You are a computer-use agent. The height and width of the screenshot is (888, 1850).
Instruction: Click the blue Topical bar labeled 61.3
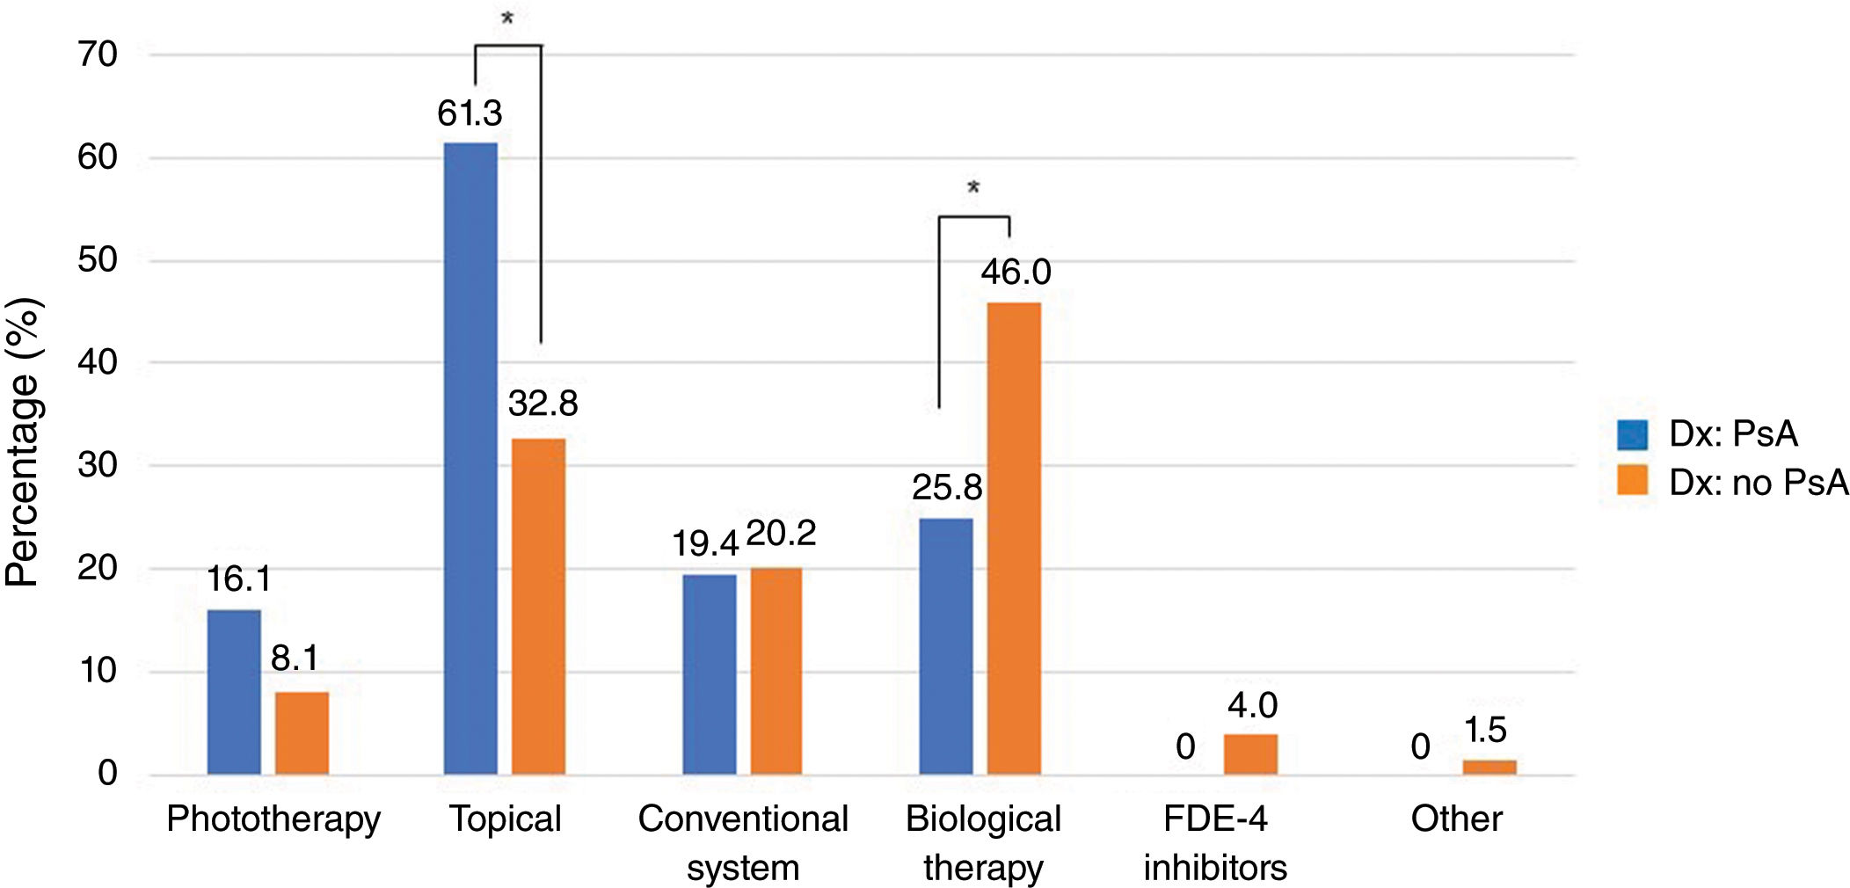tap(470, 457)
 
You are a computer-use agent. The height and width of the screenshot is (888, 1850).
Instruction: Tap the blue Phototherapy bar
tap(234, 692)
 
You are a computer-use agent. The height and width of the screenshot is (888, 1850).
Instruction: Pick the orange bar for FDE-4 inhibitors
tap(1250, 754)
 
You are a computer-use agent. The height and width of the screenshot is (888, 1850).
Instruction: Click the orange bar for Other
tap(1489, 767)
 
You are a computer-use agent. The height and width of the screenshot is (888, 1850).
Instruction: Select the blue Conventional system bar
tap(709, 674)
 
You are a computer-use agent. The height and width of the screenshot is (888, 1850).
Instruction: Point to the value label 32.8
tap(543, 404)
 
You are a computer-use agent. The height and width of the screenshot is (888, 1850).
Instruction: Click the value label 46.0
tap(1016, 272)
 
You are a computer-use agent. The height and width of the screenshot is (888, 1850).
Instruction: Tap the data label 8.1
tap(295, 658)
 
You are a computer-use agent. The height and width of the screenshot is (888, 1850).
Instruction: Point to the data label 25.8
tap(946, 487)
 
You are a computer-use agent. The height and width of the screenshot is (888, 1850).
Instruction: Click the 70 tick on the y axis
tap(98, 55)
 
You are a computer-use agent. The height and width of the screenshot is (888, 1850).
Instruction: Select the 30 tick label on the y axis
tap(98, 465)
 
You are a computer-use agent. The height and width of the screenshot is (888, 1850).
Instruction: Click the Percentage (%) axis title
tap(23, 442)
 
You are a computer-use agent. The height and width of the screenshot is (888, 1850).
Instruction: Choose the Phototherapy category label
tap(273, 819)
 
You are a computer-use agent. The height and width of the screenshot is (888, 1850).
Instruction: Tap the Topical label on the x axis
tap(505, 819)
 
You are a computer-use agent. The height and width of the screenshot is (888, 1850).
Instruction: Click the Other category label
tap(1456, 819)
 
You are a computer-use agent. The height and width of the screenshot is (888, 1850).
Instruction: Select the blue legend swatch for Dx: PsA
tap(1632, 434)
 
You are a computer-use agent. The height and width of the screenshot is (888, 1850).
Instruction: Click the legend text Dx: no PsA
tap(1759, 483)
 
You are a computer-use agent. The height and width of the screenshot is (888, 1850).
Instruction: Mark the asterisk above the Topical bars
tap(507, 18)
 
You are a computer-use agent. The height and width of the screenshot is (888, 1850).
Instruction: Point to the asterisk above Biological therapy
tap(973, 187)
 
